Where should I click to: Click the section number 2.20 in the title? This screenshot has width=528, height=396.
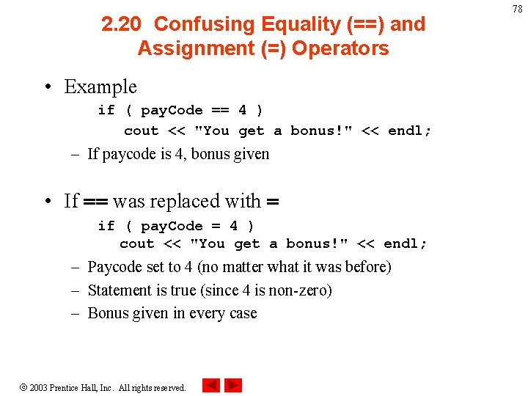122,24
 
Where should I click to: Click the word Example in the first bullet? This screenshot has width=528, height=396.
100,87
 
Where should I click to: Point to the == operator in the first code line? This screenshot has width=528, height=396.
220,110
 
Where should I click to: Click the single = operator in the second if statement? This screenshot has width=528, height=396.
216,226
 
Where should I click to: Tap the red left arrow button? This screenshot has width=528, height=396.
211,385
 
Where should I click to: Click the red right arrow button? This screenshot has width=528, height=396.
233,385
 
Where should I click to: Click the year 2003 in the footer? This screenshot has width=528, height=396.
38,387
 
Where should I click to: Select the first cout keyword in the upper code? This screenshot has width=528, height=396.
141,131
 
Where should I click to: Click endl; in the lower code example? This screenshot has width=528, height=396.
406,243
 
